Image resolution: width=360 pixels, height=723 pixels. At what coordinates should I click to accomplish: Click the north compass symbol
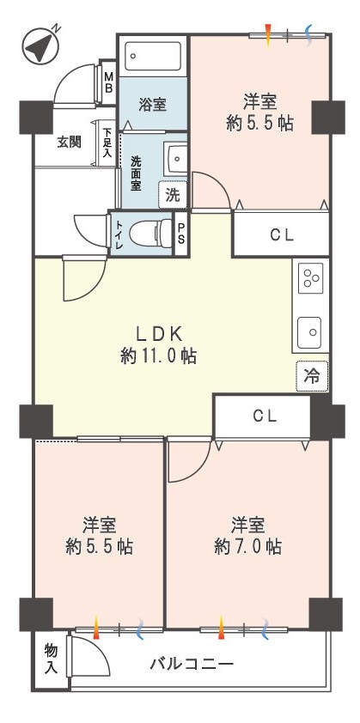(41, 46)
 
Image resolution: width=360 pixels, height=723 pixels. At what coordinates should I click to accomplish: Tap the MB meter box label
(108, 82)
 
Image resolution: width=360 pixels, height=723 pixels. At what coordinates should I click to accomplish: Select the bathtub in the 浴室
(153, 57)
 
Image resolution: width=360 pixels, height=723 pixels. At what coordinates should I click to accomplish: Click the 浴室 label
(152, 105)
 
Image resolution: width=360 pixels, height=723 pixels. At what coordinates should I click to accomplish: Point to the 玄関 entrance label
(70, 143)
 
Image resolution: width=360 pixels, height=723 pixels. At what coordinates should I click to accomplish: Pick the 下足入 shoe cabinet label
(107, 143)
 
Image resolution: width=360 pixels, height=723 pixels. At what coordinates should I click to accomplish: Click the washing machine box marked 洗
(173, 196)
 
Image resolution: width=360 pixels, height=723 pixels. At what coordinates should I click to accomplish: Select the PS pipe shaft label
(181, 233)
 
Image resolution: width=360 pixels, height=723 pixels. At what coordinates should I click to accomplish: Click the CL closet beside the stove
(282, 235)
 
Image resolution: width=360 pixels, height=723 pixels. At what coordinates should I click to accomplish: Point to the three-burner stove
(311, 278)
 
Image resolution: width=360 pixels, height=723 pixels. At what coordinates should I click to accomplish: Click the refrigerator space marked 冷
(312, 376)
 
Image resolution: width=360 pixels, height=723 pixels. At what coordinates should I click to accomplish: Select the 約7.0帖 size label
(247, 547)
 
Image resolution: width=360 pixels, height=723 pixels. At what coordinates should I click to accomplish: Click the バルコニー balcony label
(192, 665)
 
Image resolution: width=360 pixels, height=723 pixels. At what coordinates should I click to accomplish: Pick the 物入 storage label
(52, 659)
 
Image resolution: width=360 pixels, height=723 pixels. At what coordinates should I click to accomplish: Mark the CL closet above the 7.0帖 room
(265, 416)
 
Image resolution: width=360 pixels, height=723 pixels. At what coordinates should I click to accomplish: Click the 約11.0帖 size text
(158, 356)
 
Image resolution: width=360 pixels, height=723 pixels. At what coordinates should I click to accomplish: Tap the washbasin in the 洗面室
(176, 158)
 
